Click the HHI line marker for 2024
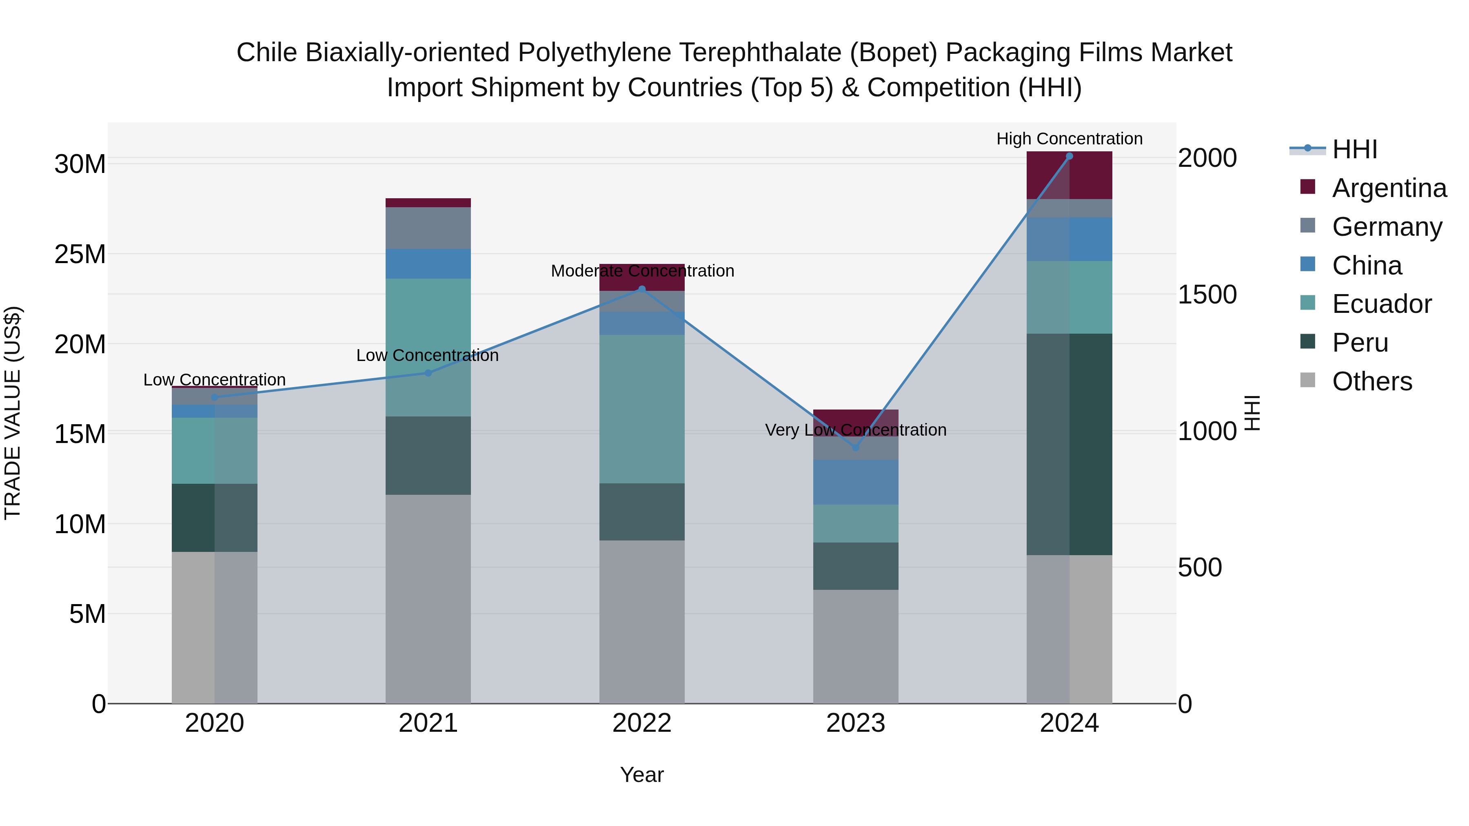tap(1069, 156)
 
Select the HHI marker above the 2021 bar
tap(428, 373)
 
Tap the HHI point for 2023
tap(855, 447)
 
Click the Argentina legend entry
tap(1389, 188)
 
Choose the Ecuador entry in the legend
tap(1382, 304)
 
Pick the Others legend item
tap(1372, 381)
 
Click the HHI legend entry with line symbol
tap(1354, 149)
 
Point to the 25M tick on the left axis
tap(80, 254)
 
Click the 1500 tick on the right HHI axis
tap(1207, 295)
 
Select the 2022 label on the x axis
tap(641, 723)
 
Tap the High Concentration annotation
tap(1069, 139)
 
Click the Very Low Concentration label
tap(855, 430)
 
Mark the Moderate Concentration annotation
tap(642, 271)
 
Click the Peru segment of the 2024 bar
tap(1069, 444)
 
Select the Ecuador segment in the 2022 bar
tap(641, 409)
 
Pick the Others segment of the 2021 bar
tap(428, 598)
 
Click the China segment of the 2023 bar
tap(855, 482)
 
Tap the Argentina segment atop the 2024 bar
tap(1069, 175)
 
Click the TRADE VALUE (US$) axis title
tap(13, 413)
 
